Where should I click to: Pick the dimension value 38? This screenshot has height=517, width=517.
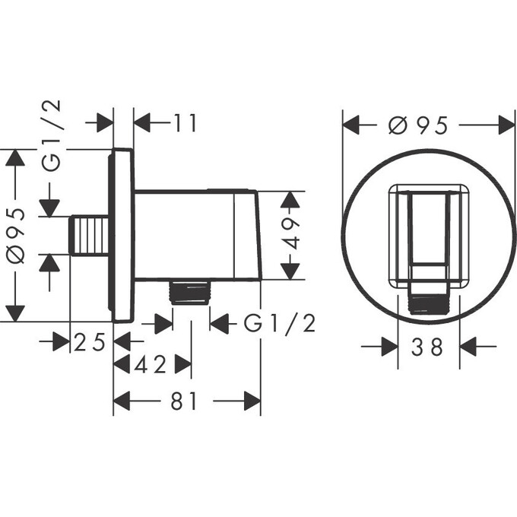tap(430, 347)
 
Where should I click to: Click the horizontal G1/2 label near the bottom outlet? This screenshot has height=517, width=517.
tap(280, 324)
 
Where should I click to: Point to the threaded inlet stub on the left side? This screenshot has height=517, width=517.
tap(88, 235)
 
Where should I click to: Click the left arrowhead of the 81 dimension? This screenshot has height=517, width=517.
tap(121, 401)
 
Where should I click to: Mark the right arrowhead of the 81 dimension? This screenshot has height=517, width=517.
tap(252, 401)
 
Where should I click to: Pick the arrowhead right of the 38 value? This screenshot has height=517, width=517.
tap(468, 347)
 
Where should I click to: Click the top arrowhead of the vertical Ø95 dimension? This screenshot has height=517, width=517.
tap(15, 157)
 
